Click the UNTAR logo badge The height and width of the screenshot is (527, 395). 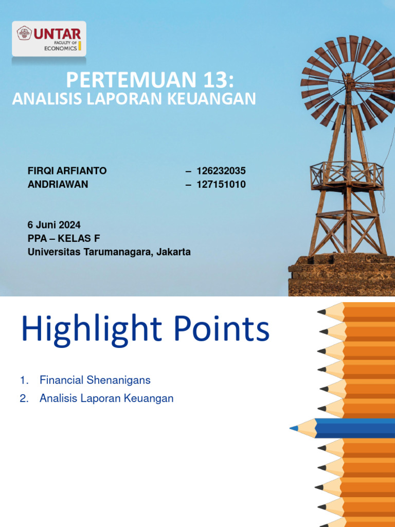pos(49,38)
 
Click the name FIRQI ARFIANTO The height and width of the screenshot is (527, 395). pos(67,171)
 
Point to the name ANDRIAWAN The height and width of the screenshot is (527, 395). pos(58,184)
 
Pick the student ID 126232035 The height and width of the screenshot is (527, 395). pos(222,171)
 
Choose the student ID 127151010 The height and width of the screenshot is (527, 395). pos(222,184)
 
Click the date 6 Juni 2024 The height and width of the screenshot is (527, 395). pos(54,225)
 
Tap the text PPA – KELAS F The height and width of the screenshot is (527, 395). pos(63,238)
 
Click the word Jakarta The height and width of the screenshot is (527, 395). pos(174,252)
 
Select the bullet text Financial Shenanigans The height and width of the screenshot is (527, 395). pos(95,380)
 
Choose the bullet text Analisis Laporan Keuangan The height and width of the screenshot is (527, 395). pos(106,398)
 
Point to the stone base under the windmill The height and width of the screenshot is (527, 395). pos(342,275)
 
